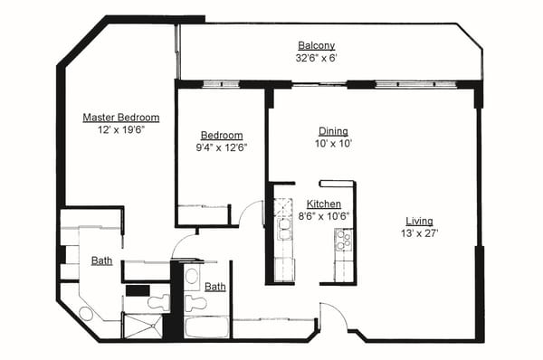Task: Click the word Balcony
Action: pos(317,46)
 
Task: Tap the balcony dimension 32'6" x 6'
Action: pos(317,58)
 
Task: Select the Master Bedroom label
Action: pos(121,118)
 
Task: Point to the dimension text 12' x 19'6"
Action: pos(121,129)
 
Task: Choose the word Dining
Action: pos(333,131)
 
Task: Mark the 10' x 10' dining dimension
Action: pos(333,144)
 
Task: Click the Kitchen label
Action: pos(323,204)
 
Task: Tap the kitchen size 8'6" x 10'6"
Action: pos(323,216)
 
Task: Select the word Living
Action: pos(419,222)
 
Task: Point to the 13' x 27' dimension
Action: pos(419,233)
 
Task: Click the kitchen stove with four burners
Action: pos(344,239)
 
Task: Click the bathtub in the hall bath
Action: pos(207,326)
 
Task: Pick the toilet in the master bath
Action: pos(158,302)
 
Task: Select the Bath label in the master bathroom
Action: pos(101,261)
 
